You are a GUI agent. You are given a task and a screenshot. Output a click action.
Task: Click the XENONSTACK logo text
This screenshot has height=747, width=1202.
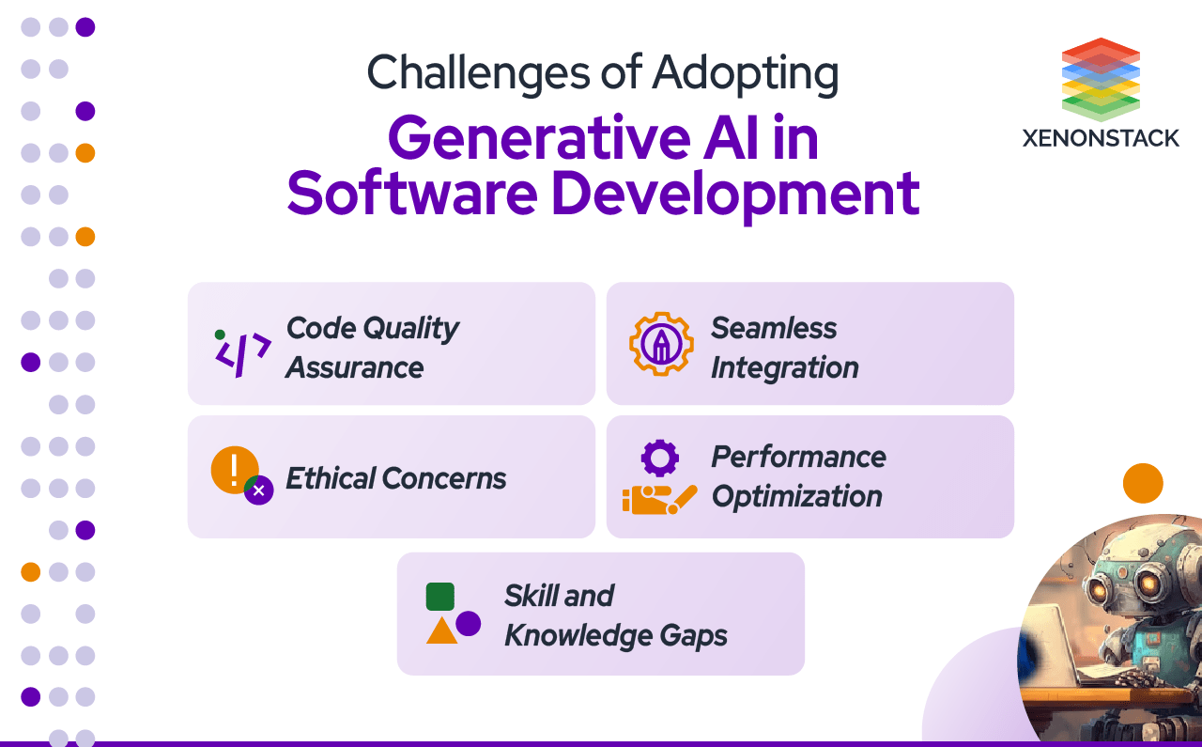[1101, 138]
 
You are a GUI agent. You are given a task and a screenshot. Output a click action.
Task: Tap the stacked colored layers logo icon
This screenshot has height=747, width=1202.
[1101, 79]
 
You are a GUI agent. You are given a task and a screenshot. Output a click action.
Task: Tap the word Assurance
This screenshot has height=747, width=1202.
[354, 367]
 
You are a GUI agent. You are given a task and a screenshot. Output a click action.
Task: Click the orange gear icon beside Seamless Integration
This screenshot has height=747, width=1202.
[661, 344]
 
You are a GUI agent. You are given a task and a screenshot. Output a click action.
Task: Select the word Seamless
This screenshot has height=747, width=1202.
[773, 328]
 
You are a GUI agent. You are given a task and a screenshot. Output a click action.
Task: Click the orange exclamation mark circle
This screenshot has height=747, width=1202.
[234, 469]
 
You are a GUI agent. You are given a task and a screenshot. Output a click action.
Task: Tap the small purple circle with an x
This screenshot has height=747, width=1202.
[259, 490]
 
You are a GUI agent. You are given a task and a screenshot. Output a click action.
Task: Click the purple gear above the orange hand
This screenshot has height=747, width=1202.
[659, 458]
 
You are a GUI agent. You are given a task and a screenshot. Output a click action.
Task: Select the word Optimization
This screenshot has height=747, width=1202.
[796, 496]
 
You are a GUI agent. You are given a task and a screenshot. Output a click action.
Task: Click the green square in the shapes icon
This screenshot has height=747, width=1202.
[439, 597]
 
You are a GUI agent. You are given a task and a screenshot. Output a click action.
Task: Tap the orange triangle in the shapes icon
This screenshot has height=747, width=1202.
[441, 630]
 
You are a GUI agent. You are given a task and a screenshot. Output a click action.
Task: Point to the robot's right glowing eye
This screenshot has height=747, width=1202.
[1147, 585]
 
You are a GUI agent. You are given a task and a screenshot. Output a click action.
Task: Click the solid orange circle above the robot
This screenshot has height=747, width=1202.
[1143, 483]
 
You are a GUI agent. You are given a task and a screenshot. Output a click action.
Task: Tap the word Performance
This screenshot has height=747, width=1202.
[798, 457]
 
